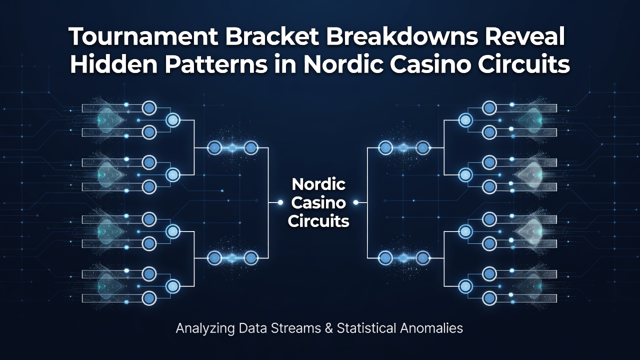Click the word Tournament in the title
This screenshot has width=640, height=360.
click(143, 36)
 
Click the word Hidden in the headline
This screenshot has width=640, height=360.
click(113, 64)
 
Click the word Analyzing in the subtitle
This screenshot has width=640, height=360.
click(205, 328)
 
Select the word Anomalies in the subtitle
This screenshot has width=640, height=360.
click(431, 328)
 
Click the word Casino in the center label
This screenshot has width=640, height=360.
click(318, 202)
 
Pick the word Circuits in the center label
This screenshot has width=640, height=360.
click(318, 221)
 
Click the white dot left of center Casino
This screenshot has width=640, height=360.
click(280, 202)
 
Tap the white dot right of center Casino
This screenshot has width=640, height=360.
click(355, 202)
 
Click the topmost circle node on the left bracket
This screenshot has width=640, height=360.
click(149, 108)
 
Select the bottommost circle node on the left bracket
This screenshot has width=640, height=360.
click(149, 298)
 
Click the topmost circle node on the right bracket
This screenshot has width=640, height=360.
click(489, 108)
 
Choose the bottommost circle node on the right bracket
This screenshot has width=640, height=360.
click(489, 298)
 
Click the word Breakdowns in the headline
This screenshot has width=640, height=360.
click(402, 36)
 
